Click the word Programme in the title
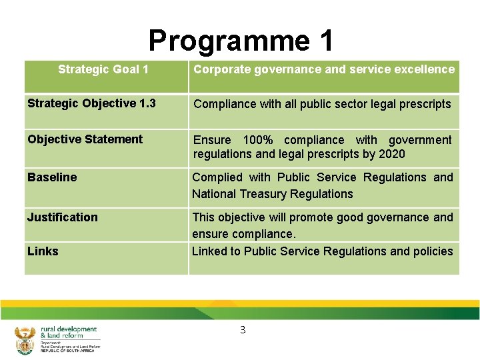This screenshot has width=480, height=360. pyautogui.click(x=220, y=41)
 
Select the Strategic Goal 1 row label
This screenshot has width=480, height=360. pyautogui.click(x=103, y=69)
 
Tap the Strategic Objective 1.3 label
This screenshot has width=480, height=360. pyautogui.click(x=91, y=103)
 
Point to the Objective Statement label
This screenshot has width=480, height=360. pyautogui.click(x=85, y=139)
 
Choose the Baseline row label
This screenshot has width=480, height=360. pyautogui.click(x=52, y=177)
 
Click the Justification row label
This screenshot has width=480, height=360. pyautogui.click(x=62, y=217)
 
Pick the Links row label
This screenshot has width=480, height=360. pyautogui.click(x=43, y=251)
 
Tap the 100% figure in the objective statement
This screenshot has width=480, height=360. pyautogui.click(x=259, y=140)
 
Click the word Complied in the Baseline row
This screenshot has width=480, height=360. pyautogui.click(x=217, y=177)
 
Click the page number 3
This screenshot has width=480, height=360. pyautogui.click(x=243, y=330)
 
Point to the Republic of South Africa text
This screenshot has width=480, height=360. pyautogui.click(x=67, y=351)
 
